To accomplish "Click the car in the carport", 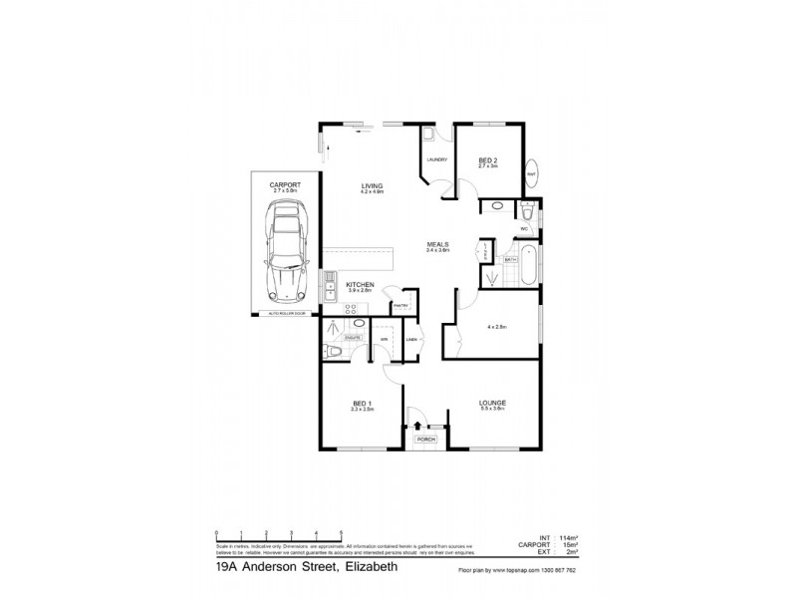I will pyautogui.click(x=285, y=251).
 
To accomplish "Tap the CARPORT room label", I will pyautogui.click(x=285, y=184).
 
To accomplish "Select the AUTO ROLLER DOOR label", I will pyautogui.click(x=284, y=313).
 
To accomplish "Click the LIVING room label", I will pyautogui.click(x=373, y=186).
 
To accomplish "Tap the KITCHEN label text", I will pyautogui.click(x=360, y=285).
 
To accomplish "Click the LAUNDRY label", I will pyautogui.click(x=436, y=159).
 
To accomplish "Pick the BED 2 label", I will pyautogui.click(x=487, y=159).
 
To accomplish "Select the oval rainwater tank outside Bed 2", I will pyautogui.click(x=532, y=171).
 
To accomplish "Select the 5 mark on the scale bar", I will pyautogui.click(x=342, y=532).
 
